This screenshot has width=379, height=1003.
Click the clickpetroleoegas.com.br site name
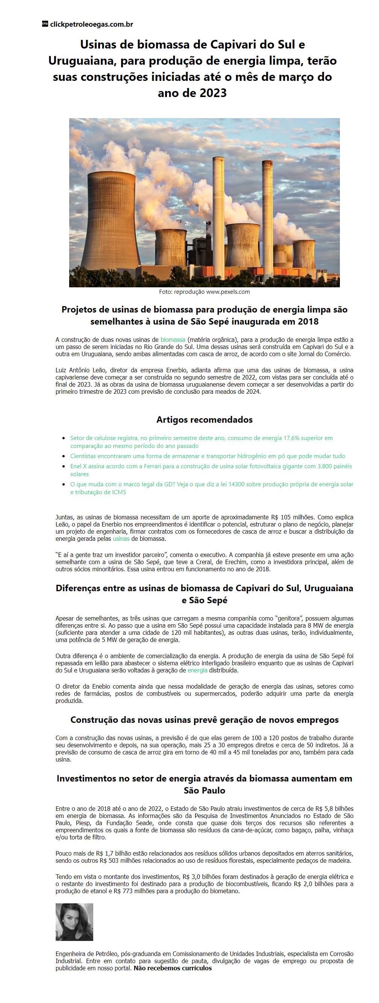[x=91, y=24]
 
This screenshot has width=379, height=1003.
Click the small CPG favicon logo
[x=45, y=24]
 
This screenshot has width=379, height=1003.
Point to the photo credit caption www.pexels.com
[x=227, y=291]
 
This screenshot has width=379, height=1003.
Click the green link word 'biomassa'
[x=173, y=340]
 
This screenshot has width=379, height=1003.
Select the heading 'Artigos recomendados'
[x=204, y=420]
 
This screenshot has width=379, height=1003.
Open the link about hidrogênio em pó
[x=208, y=456]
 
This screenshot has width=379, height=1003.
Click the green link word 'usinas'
[x=121, y=539]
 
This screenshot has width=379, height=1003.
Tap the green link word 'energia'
[x=197, y=671]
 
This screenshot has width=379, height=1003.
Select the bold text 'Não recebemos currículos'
[x=172, y=968]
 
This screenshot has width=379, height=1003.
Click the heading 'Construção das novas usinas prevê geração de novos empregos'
[x=204, y=720]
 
